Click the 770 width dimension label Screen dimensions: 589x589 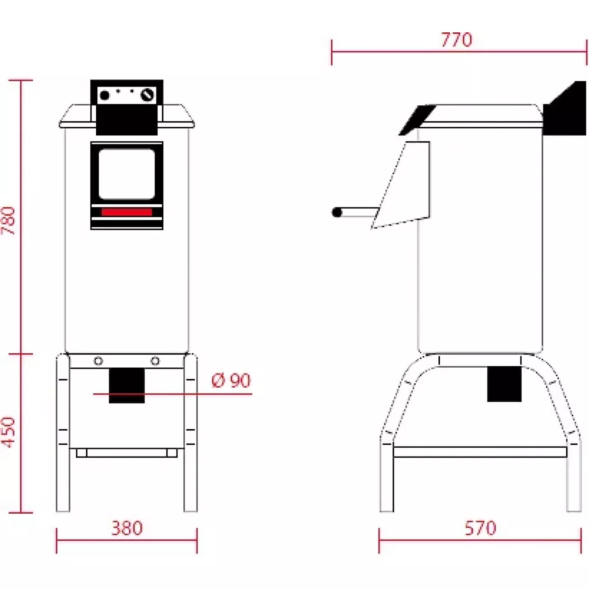click(456, 40)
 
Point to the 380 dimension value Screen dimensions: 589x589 click(127, 528)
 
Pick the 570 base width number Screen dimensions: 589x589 click(480, 528)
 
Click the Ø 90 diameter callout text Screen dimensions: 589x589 click(231, 381)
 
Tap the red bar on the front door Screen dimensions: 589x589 click(127, 212)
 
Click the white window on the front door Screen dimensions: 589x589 click(127, 174)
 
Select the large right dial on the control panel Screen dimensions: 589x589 click(148, 95)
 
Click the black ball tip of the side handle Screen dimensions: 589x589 click(337, 213)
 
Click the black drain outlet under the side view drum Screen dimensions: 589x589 click(504, 383)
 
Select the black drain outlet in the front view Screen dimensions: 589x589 click(127, 385)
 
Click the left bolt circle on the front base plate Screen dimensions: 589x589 click(98, 361)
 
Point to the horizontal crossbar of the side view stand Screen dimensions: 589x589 click(479, 452)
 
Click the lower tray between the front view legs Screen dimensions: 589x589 click(127, 452)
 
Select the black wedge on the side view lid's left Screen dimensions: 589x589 click(416, 120)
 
